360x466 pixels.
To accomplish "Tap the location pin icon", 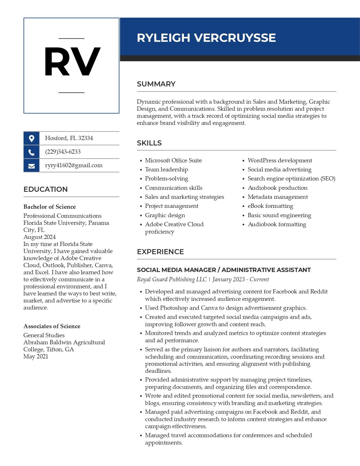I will [x=31, y=138].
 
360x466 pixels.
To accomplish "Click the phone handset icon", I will [x=31, y=152].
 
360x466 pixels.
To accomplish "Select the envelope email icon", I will [x=31, y=166].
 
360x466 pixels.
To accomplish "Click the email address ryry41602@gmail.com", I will [x=74, y=166].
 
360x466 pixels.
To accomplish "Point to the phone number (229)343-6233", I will [x=63, y=152].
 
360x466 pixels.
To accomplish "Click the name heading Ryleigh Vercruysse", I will [x=206, y=38].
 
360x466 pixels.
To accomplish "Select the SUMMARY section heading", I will [x=156, y=84].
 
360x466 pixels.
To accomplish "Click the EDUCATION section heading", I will [x=45, y=190].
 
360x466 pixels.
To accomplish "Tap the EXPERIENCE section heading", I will [x=160, y=252].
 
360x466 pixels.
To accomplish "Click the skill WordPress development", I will [x=280, y=161].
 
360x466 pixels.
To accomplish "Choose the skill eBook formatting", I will [x=270, y=206].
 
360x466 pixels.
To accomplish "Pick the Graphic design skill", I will [x=165, y=215].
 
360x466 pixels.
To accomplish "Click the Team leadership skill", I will [x=166, y=170].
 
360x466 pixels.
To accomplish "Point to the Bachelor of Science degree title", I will [x=49, y=207].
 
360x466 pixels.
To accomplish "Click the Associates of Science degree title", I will [x=52, y=326].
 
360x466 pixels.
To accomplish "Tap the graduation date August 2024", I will [x=40, y=237].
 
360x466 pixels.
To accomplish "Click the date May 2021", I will [x=36, y=356].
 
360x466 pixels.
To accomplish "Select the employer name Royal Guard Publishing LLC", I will [x=172, y=280].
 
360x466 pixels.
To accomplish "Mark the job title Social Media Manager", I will [x=176, y=270].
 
